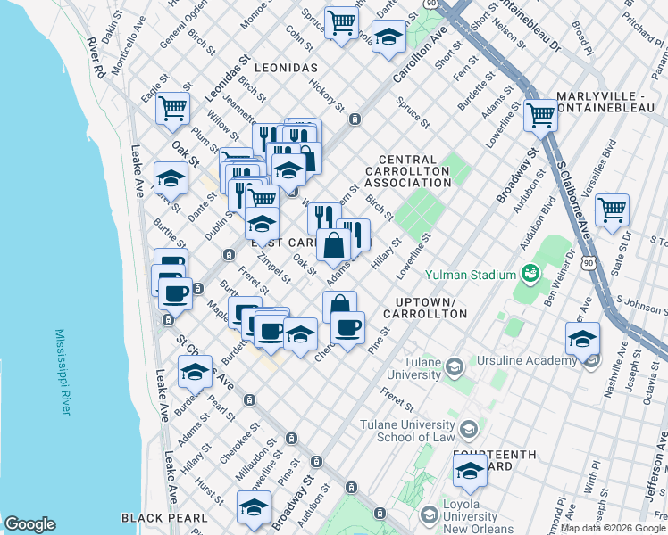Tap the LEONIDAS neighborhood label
(x=286, y=68)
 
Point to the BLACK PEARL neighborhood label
(x=164, y=518)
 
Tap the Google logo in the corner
(x=29, y=524)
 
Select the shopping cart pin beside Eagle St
(x=172, y=109)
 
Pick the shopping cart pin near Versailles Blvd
(x=612, y=210)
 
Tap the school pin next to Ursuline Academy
(x=582, y=340)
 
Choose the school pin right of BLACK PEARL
(x=254, y=507)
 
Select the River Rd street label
(x=96, y=55)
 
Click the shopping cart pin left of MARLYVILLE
(x=540, y=114)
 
